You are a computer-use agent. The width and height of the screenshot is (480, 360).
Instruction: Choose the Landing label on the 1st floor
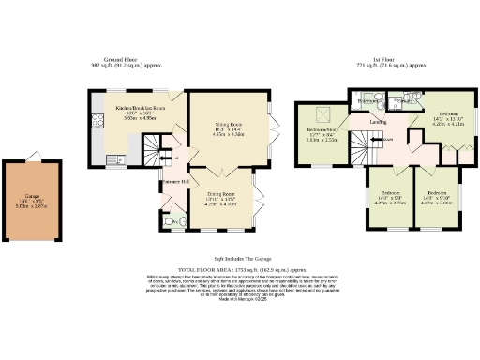(x=378, y=122)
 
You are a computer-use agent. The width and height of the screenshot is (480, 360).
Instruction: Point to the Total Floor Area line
(x=240, y=269)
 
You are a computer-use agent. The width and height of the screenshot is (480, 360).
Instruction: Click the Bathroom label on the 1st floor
(x=369, y=99)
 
